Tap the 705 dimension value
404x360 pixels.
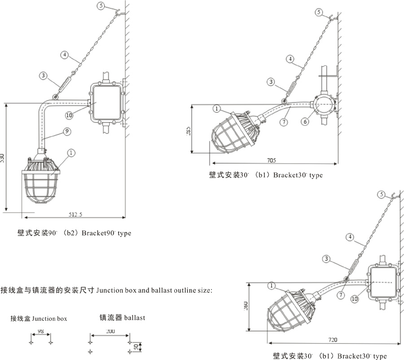[272, 160]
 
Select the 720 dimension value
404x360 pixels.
[333, 340]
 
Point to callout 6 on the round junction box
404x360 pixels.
[305, 121]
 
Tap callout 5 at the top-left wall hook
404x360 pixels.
[101, 7]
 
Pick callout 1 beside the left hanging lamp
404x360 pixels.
[71, 153]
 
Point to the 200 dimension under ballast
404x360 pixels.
[110, 331]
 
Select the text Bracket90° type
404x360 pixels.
[106, 234]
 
